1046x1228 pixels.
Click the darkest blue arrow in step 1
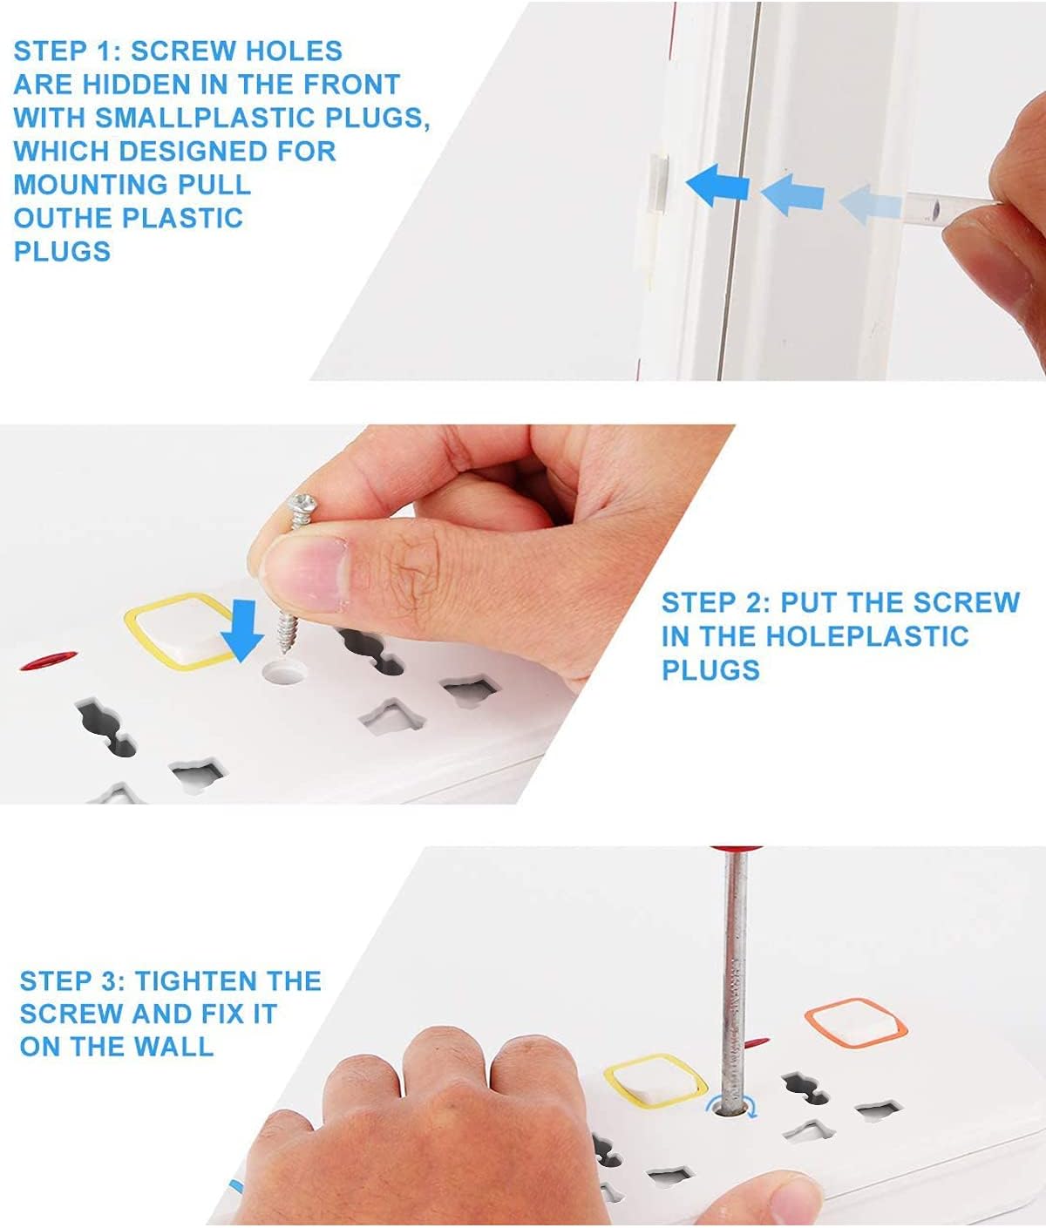(717, 186)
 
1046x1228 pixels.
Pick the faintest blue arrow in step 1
(870, 205)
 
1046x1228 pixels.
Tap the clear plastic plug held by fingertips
(948, 208)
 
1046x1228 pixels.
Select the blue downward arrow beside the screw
(242, 630)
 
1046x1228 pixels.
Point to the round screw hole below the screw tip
(285, 672)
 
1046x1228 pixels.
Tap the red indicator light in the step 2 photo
(49, 660)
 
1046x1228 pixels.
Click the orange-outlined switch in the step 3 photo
(856, 1024)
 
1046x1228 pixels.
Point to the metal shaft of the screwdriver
(734, 980)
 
